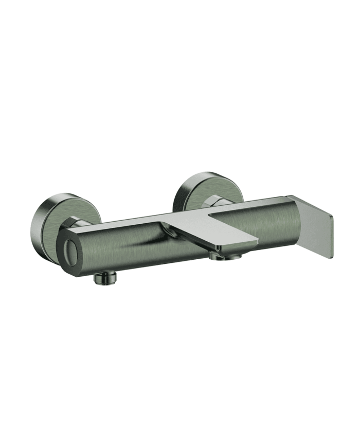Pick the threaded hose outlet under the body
point(105,277)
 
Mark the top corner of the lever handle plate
point(292,197)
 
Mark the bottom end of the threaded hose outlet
point(105,282)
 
